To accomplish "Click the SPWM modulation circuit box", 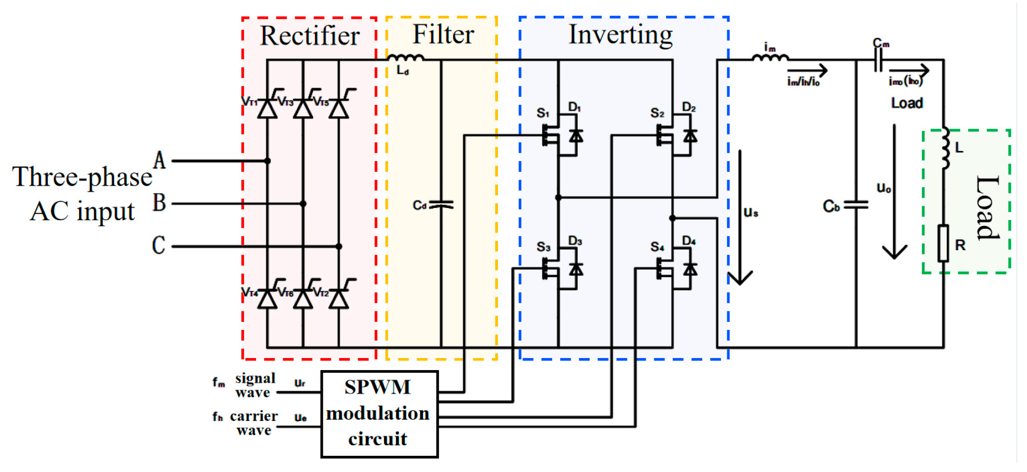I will click(x=379, y=414).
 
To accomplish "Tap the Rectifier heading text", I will click(x=309, y=36).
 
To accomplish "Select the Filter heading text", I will click(x=443, y=35).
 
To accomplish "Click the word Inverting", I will click(x=620, y=35).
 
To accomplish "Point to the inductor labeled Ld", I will click(x=405, y=58).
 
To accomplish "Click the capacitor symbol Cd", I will click(x=441, y=205).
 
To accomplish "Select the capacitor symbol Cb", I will click(x=856, y=205).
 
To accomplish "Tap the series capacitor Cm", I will click(x=878, y=60).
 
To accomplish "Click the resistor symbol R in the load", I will click(x=943, y=243).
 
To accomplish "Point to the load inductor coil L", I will click(x=945, y=148).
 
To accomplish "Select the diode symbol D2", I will click(x=690, y=136).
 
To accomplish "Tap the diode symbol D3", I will click(x=576, y=269).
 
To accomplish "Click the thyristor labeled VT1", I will click(x=267, y=108).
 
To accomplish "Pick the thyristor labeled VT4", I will click(x=267, y=299).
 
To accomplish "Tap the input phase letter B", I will click(x=159, y=202).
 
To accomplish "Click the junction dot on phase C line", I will click(x=339, y=246).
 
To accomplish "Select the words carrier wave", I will click(x=253, y=423).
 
